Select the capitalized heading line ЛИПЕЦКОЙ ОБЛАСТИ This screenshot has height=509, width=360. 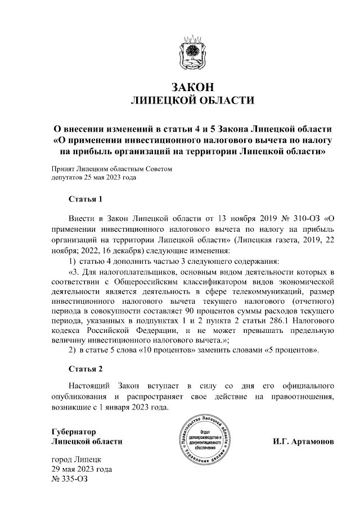click(x=192, y=101)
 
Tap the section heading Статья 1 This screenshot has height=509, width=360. click(x=85, y=199)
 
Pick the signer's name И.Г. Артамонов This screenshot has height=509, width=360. click(x=304, y=442)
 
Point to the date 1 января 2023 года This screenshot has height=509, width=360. click(x=132, y=407)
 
